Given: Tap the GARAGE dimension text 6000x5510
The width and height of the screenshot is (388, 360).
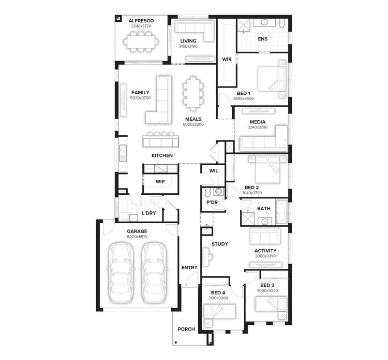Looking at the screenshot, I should (x=137, y=237).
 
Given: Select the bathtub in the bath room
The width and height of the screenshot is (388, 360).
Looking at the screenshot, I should (x=281, y=212).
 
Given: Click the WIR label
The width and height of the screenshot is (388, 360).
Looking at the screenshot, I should (x=227, y=60).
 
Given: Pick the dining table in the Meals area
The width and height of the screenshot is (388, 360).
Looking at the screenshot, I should (x=193, y=93).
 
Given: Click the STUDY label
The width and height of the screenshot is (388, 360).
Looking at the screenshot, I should (x=219, y=244).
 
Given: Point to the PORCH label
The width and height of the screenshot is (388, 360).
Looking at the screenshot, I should (x=186, y=329).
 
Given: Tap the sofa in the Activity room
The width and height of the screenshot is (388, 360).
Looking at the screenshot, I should (x=265, y=236).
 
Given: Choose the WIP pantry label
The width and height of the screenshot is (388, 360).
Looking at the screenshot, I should (x=160, y=182).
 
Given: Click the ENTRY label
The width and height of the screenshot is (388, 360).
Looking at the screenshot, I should (x=189, y=267).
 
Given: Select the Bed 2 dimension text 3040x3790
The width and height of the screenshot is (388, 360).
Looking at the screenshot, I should (x=252, y=193).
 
